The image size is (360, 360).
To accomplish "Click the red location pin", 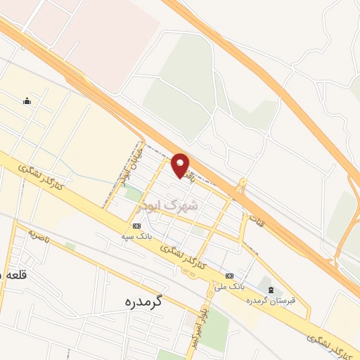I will click(x=181, y=165).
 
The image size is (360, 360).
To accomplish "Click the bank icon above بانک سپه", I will click(x=136, y=226).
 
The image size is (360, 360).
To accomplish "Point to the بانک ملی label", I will click(x=229, y=286).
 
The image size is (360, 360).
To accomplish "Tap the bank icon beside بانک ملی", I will click(x=229, y=276).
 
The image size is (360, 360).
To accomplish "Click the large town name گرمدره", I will click(x=142, y=302).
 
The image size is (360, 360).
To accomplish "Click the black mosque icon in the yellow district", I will click(x=27, y=101).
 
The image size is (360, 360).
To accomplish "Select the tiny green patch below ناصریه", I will click(x=70, y=246).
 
